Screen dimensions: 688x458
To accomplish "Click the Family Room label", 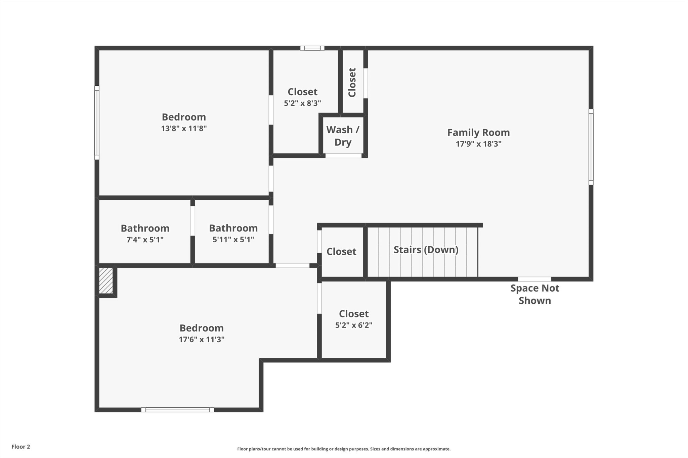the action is pos(478,133).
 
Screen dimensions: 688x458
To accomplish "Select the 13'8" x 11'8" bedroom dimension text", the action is pos(184,128).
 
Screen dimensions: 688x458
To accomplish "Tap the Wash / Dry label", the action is pos(343,136).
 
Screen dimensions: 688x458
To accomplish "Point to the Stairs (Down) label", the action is pos(426,250).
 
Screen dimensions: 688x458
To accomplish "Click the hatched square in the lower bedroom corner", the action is pos(106,281).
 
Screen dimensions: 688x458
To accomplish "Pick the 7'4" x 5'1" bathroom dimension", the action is pos(145,240).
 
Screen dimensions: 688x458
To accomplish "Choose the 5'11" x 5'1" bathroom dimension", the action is pos(233,240).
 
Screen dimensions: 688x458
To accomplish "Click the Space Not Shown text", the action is pos(535,294).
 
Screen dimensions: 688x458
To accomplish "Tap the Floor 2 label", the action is pos(21,447).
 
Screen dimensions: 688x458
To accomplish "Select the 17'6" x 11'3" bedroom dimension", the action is pos(202,339).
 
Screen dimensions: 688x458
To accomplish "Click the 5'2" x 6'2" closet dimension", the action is pos(354,325).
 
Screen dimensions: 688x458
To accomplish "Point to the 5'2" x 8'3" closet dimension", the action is pos(302,103).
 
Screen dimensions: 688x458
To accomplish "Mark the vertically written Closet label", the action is pos(352,83).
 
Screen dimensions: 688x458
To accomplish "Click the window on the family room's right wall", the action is pos(591,147).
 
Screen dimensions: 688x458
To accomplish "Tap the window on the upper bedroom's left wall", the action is pos(97,122).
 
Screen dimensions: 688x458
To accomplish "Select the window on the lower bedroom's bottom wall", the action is pos(178,410).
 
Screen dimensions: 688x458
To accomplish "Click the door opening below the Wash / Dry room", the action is pos(343,156).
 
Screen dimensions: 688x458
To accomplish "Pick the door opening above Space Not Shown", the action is pos(534,279).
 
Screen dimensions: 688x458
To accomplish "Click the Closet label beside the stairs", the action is pos(341,252).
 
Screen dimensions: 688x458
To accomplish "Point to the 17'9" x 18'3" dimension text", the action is pos(478,144).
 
